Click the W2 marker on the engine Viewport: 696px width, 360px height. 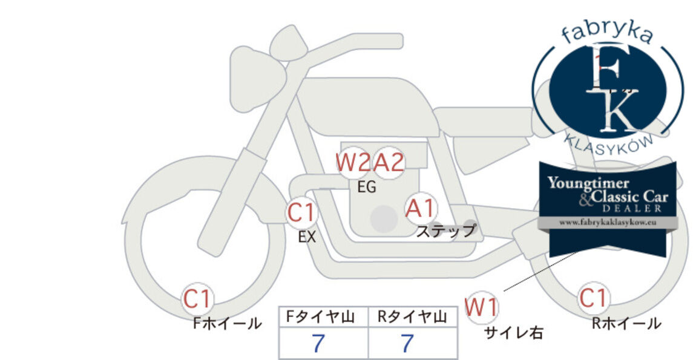coord(353,163)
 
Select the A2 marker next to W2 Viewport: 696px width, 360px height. coord(389,163)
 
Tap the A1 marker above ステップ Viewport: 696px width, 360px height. coord(421,209)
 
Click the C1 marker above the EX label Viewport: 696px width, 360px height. coord(301,212)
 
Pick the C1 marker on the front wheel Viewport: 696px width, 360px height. coord(197,299)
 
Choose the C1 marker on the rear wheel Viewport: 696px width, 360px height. coord(594,298)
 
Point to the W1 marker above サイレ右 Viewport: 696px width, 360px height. coord(482,307)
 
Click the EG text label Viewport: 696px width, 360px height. coord(367,188)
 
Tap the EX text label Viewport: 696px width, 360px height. coord(307,237)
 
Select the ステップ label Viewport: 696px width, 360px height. coord(446,231)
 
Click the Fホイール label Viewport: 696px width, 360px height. coord(228,323)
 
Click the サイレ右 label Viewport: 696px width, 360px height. coord(514,333)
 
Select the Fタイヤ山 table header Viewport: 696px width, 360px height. coord(321,317)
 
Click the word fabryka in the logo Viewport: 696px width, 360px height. coord(607,34)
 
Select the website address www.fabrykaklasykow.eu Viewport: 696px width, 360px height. coord(608,223)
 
